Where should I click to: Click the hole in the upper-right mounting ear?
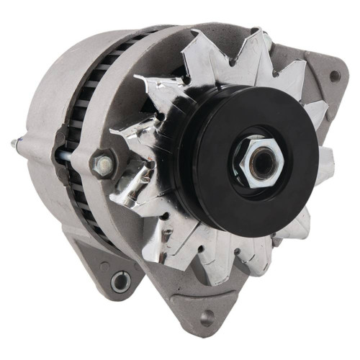tap(334, 74)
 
